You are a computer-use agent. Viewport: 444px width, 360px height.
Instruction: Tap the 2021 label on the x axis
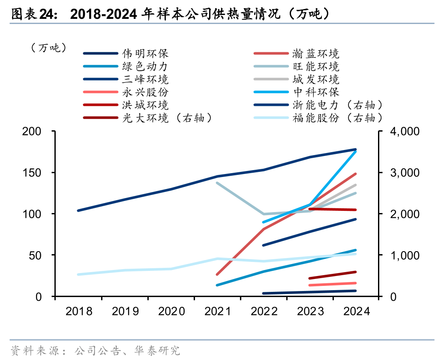click(x=218, y=311)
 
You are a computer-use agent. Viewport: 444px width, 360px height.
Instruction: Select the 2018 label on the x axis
click(x=79, y=311)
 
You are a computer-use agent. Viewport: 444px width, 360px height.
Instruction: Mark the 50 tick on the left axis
click(x=38, y=255)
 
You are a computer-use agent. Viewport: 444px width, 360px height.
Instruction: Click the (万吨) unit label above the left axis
click(x=48, y=48)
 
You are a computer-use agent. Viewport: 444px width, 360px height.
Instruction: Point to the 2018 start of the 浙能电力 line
click(x=78, y=210)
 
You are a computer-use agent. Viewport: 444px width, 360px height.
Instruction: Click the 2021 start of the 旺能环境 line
click(x=217, y=183)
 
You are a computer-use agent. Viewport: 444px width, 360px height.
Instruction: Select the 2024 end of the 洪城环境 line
click(x=356, y=210)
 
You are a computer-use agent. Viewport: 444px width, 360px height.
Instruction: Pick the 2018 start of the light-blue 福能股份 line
click(x=78, y=274)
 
